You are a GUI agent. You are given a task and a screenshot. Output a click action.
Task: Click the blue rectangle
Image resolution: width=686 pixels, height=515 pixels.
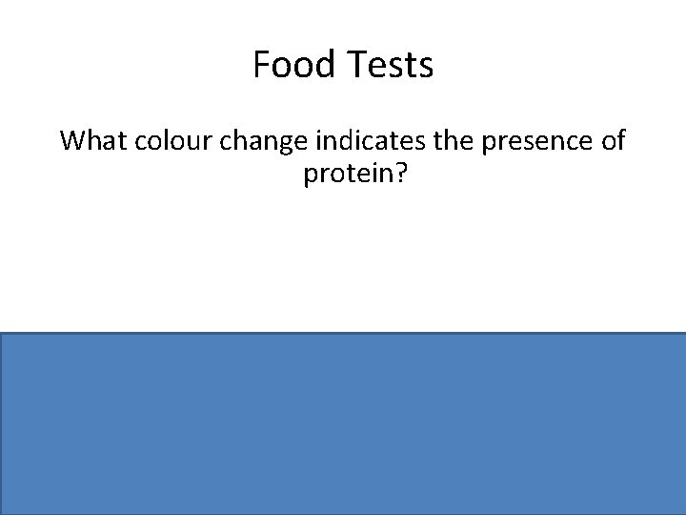pyautogui.click(x=343, y=423)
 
